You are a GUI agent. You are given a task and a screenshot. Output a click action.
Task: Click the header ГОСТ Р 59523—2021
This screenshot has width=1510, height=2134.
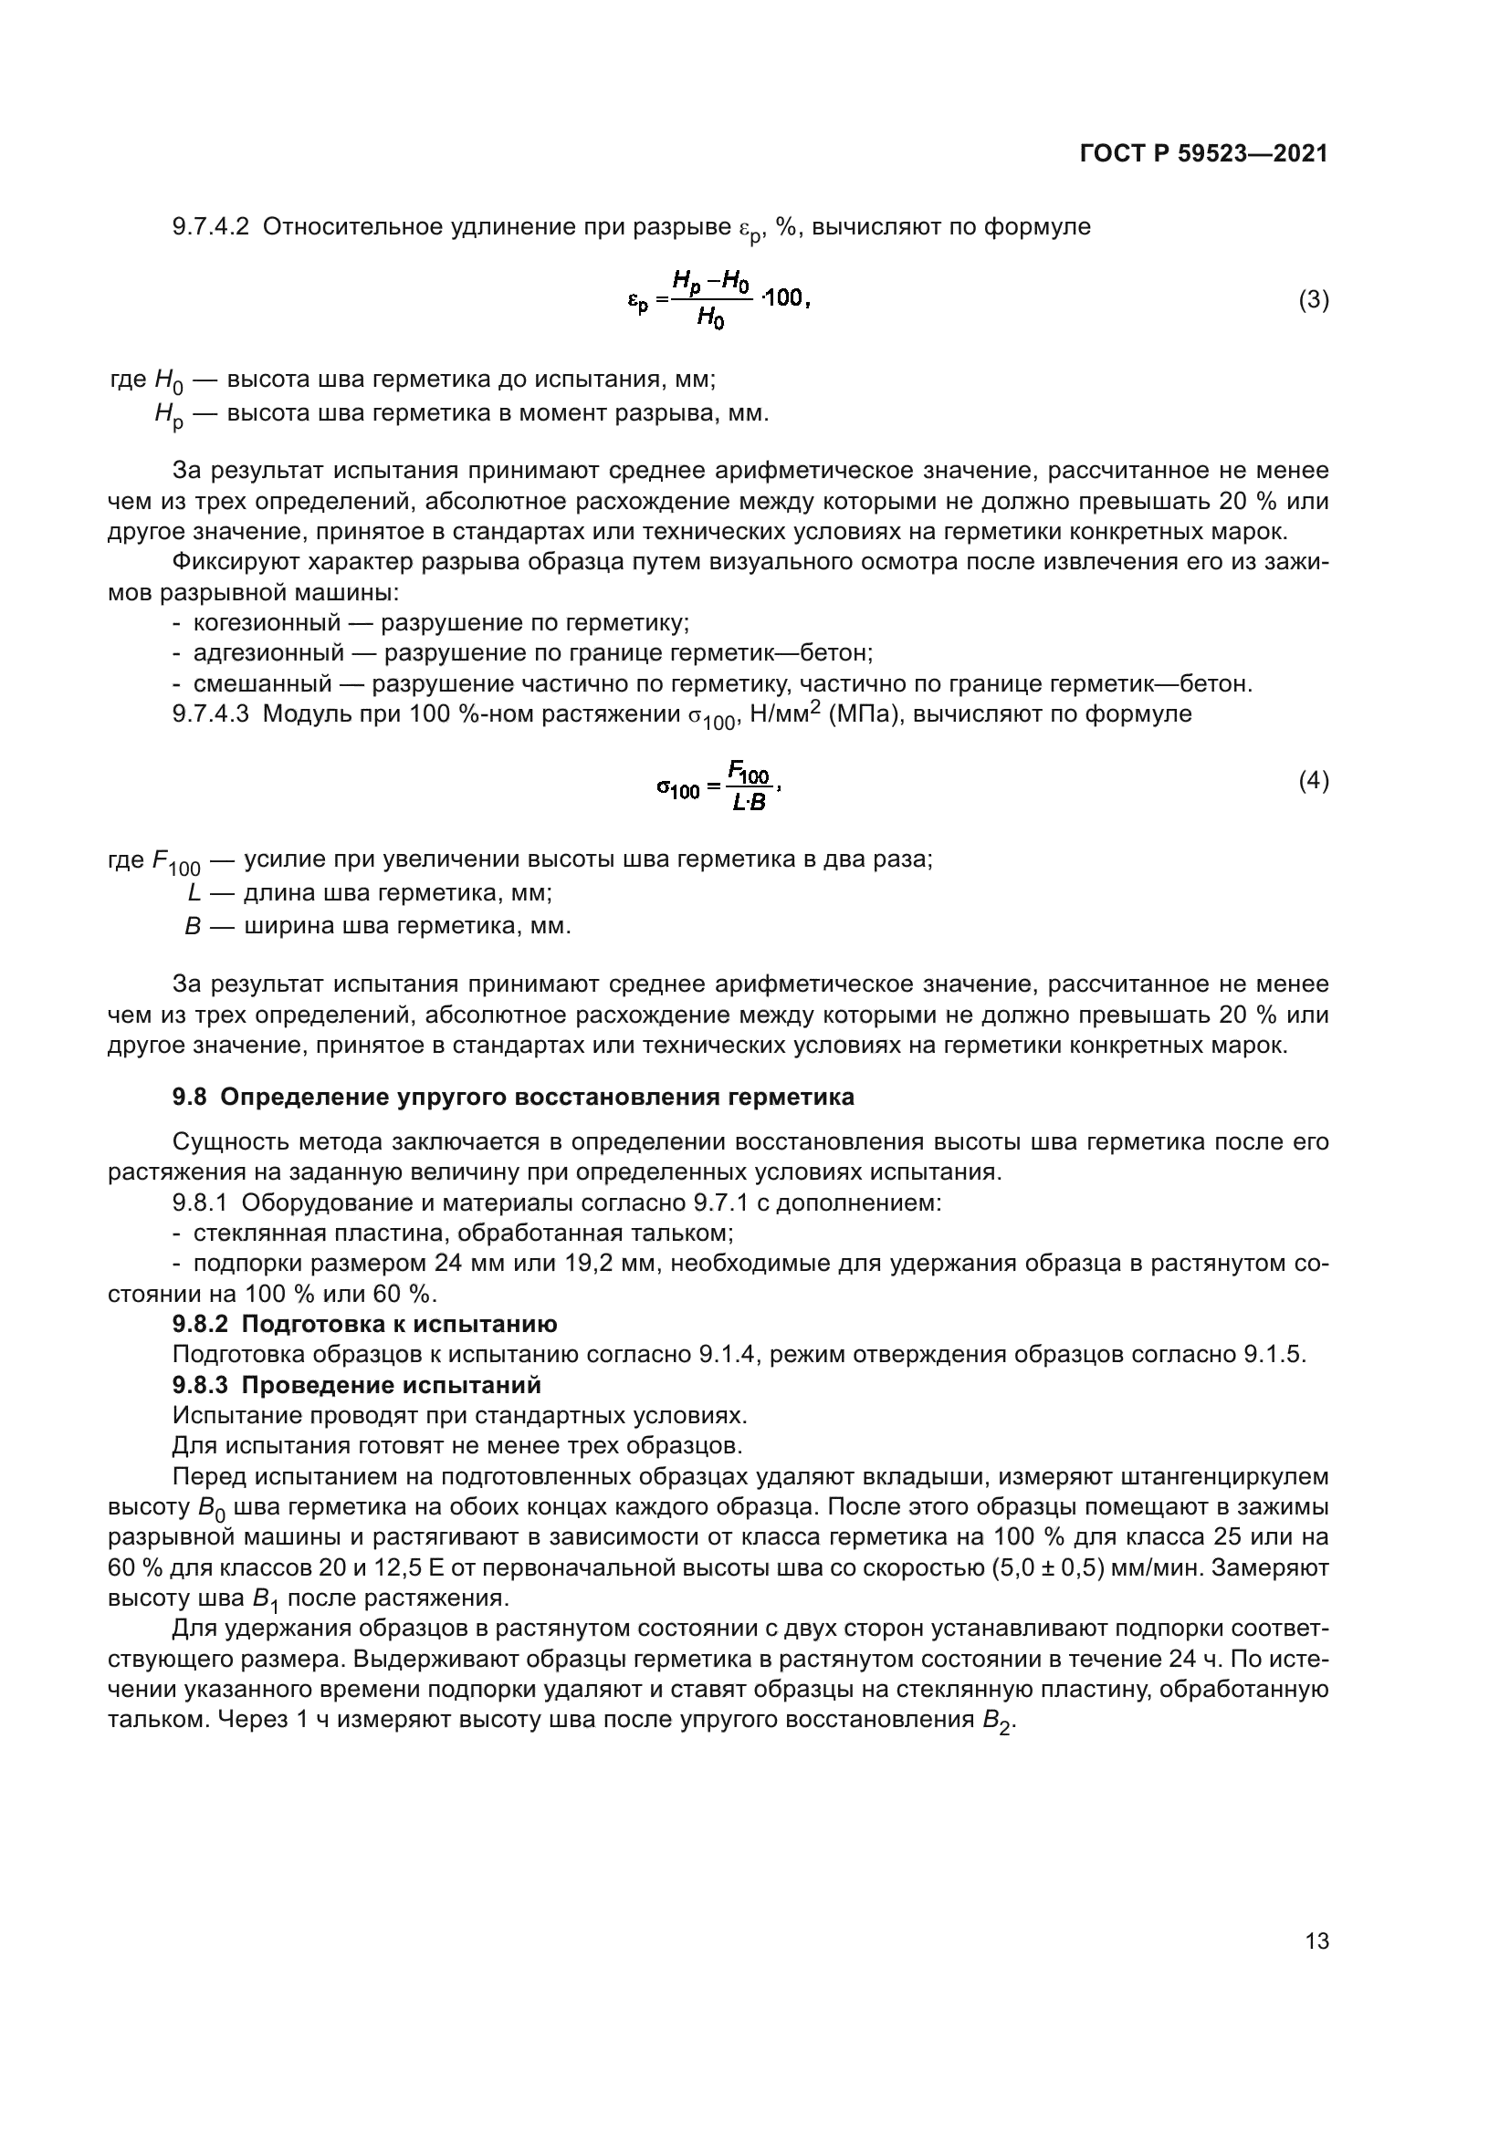pyautogui.click(x=1203, y=154)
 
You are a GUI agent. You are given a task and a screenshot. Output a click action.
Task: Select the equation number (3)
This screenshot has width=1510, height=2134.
pyautogui.click(x=1313, y=300)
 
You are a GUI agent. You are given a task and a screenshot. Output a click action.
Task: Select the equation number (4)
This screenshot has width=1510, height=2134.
pyautogui.click(x=1313, y=781)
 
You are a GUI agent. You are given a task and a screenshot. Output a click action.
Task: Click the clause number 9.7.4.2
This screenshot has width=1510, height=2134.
pyautogui.click(x=211, y=227)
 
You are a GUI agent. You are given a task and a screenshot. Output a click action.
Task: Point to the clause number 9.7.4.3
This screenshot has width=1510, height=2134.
pyautogui.click(x=211, y=714)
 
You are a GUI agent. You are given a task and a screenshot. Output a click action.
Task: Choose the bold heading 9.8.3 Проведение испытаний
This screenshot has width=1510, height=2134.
pyautogui.click(x=356, y=1386)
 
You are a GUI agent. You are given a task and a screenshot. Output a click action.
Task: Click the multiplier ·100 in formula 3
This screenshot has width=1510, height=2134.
pyautogui.click(x=784, y=298)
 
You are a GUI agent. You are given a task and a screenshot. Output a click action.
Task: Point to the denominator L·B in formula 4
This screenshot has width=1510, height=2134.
pyautogui.click(x=749, y=803)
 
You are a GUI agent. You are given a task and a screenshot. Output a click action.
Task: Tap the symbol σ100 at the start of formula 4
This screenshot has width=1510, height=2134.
pyautogui.click(x=677, y=789)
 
